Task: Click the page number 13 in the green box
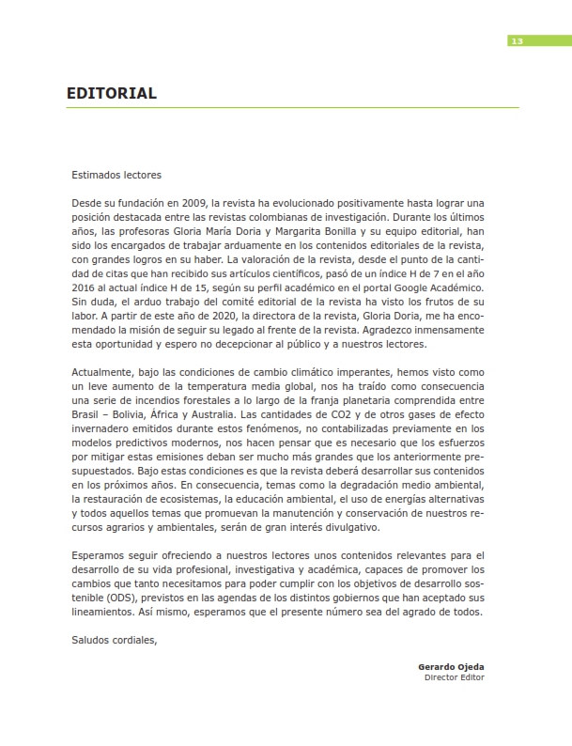click(x=517, y=40)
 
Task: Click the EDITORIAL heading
click(x=111, y=94)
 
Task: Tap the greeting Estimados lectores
click(x=116, y=174)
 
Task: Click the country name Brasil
click(x=87, y=414)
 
